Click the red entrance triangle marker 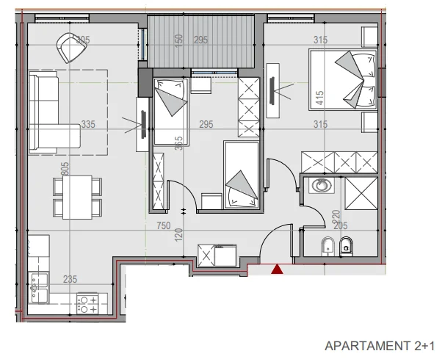click(277, 270)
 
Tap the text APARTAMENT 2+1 click(380, 345)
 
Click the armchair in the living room click(71, 48)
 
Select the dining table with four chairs click(77, 197)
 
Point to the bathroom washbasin click(320, 185)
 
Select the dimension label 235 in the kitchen click(69, 279)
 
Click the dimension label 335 click(88, 125)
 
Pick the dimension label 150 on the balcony click(178, 40)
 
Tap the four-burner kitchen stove click(89, 303)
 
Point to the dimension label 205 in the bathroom click(342, 227)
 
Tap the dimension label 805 click(65, 169)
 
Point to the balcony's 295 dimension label click(201, 40)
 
